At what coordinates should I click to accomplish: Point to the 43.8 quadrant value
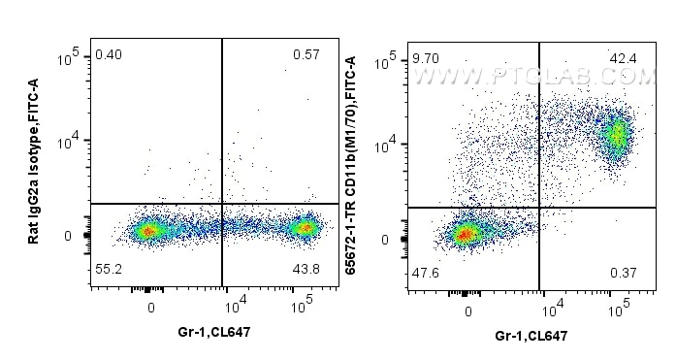click(305, 268)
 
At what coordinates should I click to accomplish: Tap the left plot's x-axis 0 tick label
click(150, 307)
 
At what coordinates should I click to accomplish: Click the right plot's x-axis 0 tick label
click(468, 311)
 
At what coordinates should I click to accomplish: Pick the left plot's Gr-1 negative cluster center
click(148, 230)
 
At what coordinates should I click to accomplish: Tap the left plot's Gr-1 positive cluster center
click(306, 229)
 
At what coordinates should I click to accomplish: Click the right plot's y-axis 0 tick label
click(384, 239)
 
